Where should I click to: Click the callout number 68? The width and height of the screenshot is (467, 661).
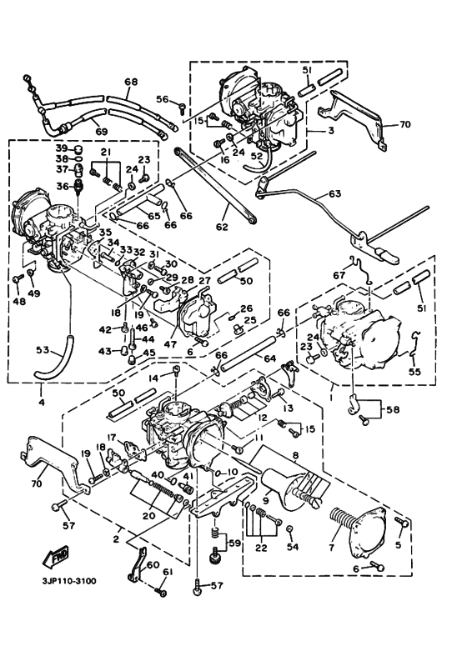coord(131,82)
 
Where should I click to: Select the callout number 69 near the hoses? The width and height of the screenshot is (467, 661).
coord(100,132)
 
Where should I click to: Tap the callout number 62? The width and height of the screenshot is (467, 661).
coord(221,225)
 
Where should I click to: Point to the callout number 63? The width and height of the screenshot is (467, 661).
coord(334,193)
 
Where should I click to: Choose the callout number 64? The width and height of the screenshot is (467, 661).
coord(269,358)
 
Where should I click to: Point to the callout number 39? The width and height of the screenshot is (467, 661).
coord(61,148)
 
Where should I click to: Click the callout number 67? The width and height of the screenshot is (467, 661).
coord(339,276)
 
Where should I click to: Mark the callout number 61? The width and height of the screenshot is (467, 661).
coord(167,571)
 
